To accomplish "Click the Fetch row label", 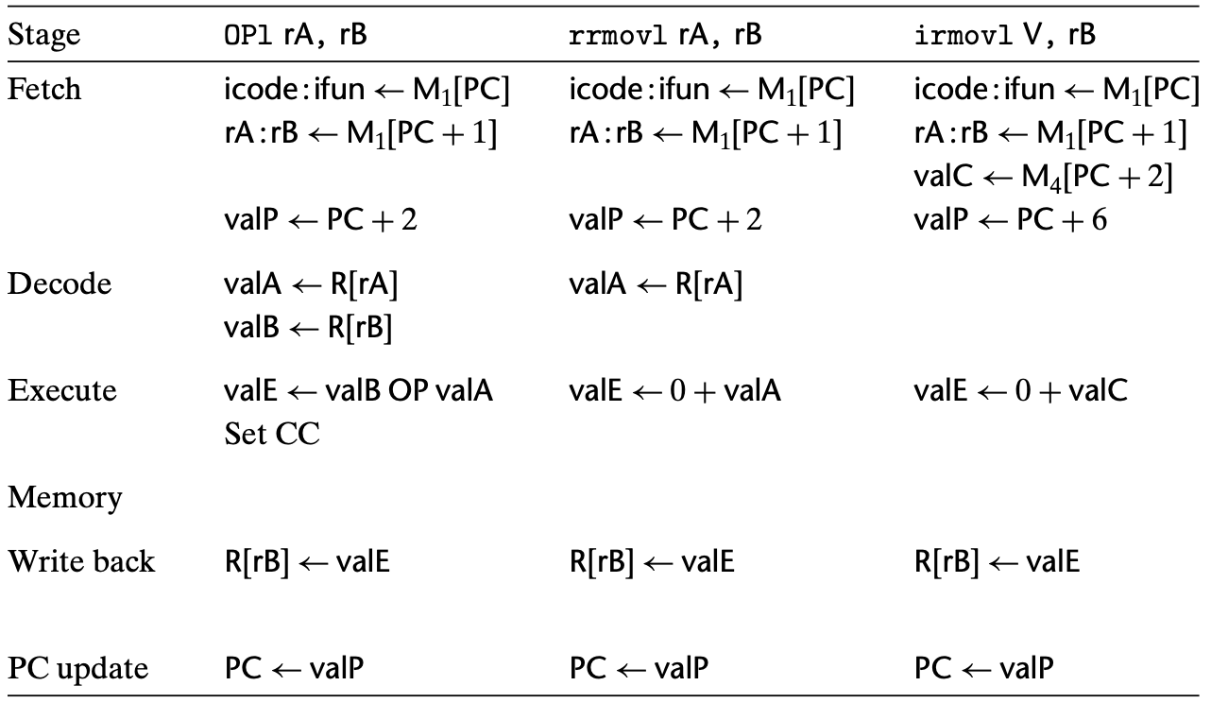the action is (44, 90).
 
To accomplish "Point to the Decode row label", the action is (60, 284).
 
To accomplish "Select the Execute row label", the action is (62, 390).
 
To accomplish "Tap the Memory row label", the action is (65, 497).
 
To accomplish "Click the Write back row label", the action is (81, 562).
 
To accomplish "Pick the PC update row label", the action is (78, 669).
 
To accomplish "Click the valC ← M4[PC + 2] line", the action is (1043, 178).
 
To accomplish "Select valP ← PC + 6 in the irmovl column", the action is (1010, 220).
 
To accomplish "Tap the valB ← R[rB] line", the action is (308, 327).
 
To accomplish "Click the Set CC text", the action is (272, 434).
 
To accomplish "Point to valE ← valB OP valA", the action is (358, 390).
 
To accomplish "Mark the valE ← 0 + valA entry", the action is (675, 390).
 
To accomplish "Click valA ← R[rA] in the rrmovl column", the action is (656, 284).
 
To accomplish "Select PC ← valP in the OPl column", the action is (295, 669).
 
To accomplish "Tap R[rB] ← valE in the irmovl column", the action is (997, 562).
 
